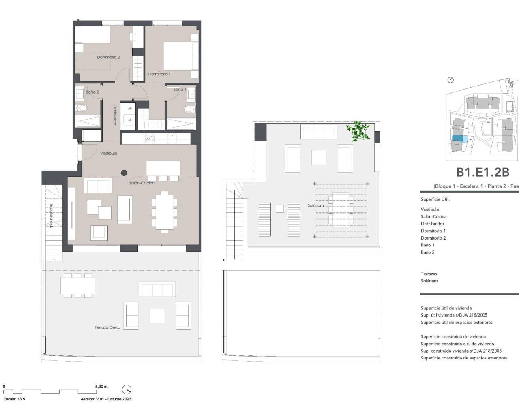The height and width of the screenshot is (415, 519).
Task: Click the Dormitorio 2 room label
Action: click(x=108, y=58)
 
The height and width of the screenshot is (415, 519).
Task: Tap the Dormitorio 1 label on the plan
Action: click(x=159, y=74)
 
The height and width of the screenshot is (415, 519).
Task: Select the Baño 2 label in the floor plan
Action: click(x=92, y=92)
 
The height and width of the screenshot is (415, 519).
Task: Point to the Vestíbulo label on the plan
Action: click(x=109, y=153)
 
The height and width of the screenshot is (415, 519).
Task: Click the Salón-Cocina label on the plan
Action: click(x=139, y=183)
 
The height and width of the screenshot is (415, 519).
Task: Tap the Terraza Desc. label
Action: click(x=107, y=327)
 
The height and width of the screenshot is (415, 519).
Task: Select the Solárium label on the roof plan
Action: click(x=315, y=205)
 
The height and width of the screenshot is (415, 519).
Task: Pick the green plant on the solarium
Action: click(x=358, y=131)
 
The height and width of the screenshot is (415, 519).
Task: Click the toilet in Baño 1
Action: click(x=188, y=109)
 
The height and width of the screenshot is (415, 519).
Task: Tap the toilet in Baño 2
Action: click(x=82, y=109)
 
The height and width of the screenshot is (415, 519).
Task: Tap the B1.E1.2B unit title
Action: click(x=483, y=172)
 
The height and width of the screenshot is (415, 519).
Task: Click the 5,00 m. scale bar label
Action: click(x=102, y=387)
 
